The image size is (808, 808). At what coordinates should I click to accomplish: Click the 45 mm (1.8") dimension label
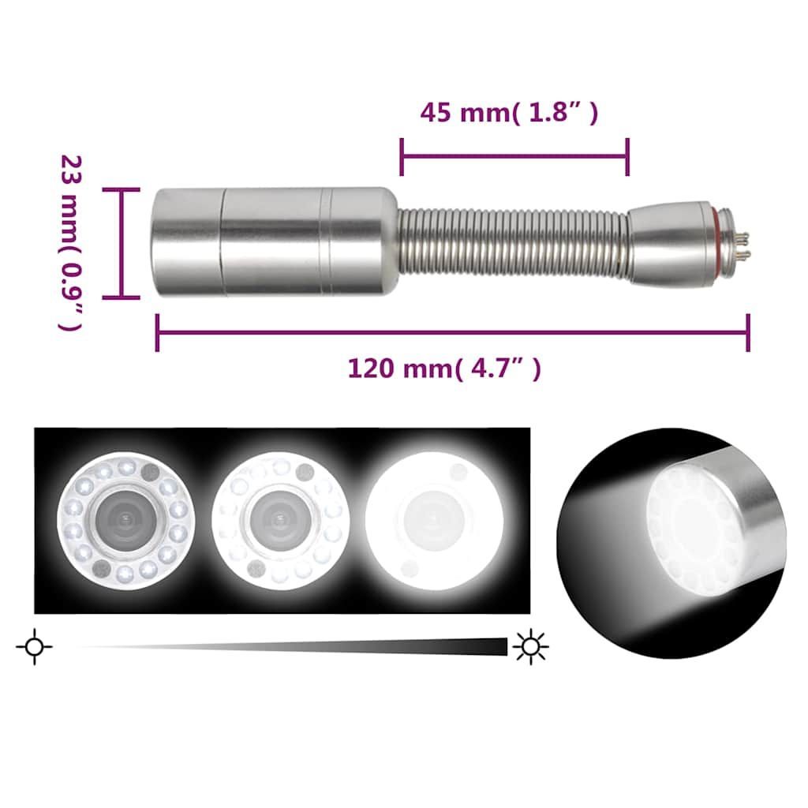pyautogui.click(x=509, y=112)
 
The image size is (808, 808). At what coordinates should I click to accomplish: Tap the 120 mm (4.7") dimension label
pyautogui.click(x=444, y=368)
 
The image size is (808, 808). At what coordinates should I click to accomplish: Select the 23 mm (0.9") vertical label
pyautogui.click(x=71, y=243)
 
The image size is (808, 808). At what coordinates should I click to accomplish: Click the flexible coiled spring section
pyautogui.click(x=513, y=242)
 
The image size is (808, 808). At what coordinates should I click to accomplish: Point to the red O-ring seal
pyautogui.click(x=716, y=241)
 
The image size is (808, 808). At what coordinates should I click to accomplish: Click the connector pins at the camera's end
pyautogui.click(x=743, y=245)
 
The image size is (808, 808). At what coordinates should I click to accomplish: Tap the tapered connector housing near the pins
pyautogui.click(x=670, y=241)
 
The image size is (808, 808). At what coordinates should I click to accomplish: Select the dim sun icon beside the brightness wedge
pyautogui.click(x=34, y=646)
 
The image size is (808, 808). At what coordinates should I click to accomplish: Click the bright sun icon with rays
pyautogui.click(x=530, y=646)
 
